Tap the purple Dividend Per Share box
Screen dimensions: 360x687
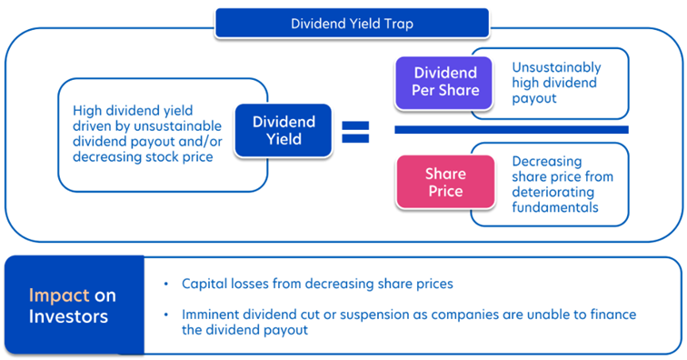pos(443,83)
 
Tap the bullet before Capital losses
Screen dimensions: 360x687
pos(165,284)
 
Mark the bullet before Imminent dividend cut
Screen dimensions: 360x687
pos(165,315)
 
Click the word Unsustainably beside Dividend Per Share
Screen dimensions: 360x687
pos(556,67)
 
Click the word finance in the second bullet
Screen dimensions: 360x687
pos(612,315)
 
